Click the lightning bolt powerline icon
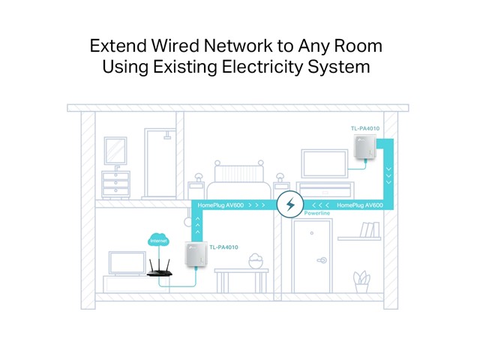tap(289, 204)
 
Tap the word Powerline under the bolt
tap(319, 214)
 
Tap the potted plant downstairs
tap(362, 280)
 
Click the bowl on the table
tap(256, 262)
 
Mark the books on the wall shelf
tap(370, 229)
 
